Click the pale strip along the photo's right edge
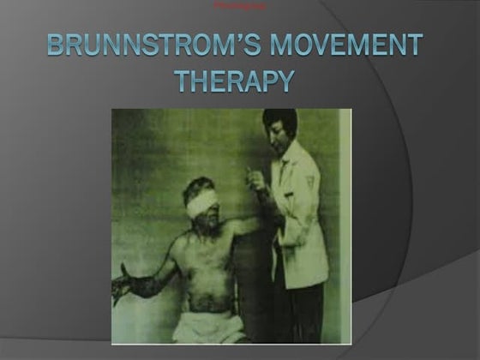tap(345, 223)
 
